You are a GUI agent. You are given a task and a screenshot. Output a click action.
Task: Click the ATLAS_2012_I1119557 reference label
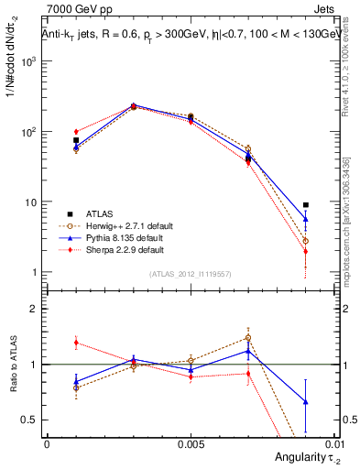pos(190,274)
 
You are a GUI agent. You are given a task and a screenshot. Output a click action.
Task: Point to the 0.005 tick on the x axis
pos(190,444)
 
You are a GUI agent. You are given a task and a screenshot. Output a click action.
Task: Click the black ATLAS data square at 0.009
pos(305,205)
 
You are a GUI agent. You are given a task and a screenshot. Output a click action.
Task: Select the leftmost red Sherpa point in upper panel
pos(76,132)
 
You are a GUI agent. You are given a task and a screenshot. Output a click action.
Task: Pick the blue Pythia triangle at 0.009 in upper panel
pos(305,219)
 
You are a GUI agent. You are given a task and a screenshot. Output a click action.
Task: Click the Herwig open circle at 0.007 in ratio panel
pos(247,338)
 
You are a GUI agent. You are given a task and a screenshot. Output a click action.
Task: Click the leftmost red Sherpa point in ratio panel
pos(76,343)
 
